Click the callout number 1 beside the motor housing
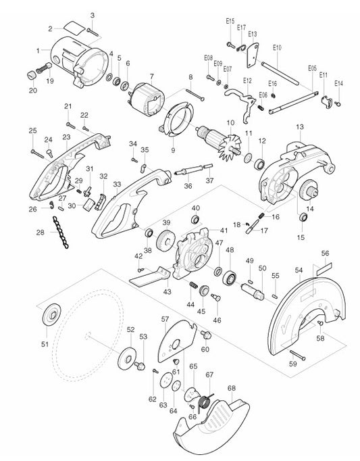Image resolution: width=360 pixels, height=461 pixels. click(x=38, y=49)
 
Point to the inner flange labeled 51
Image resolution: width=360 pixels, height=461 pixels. click(x=50, y=316)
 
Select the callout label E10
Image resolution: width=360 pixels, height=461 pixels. click(x=277, y=47)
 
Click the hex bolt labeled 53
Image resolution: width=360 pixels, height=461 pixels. click(x=140, y=365)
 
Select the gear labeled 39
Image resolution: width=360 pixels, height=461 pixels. click(x=162, y=242)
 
